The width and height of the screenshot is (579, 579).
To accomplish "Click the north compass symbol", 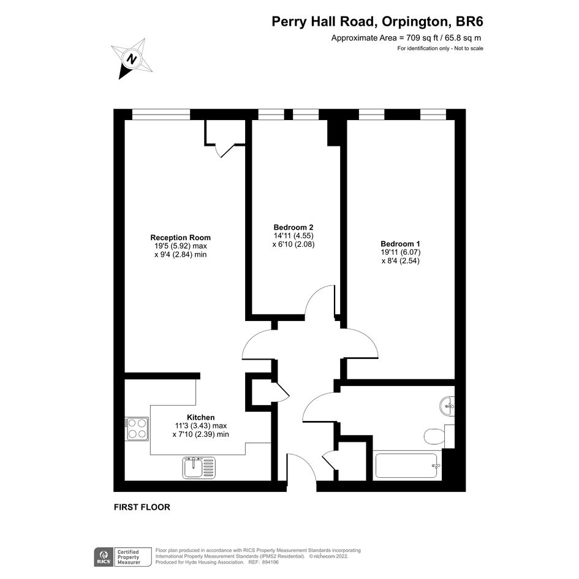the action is pyautogui.click(x=132, y=59).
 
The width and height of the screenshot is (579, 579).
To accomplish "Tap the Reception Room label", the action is pyautogui.click(x=181, y=238).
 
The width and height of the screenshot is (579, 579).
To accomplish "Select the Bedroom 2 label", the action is pyautogui.click(x=293, y=227).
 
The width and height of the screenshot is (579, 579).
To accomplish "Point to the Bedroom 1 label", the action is pyautogui.click(x=400, y=244).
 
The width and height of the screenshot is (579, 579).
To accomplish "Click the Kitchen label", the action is pyautogui.click(x=200, y=417).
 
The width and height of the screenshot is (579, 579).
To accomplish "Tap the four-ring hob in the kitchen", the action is pyautogui.click(x=137, y=428).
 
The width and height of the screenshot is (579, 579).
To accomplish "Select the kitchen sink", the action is pyautogui.click(x=199, y=467).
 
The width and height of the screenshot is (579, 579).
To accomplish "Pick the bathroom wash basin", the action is pyautogui.click(x=447, y=406).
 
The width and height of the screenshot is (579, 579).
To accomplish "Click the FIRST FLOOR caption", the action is pyautogui.click(x=142, y=507).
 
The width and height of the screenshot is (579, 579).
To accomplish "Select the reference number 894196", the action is pyautogui.click(x=271, y=562).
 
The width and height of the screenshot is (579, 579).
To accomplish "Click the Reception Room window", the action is pyautogui.click(x=161, y=115).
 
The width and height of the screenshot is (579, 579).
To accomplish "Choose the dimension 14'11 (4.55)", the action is pyautogui.click(x=293, y=236).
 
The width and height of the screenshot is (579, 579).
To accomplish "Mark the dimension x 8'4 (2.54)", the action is pyautogui.click(x=400, y=260).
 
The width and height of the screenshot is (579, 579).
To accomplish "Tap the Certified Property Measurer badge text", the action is pyautogui.click(x=129, y=557).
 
